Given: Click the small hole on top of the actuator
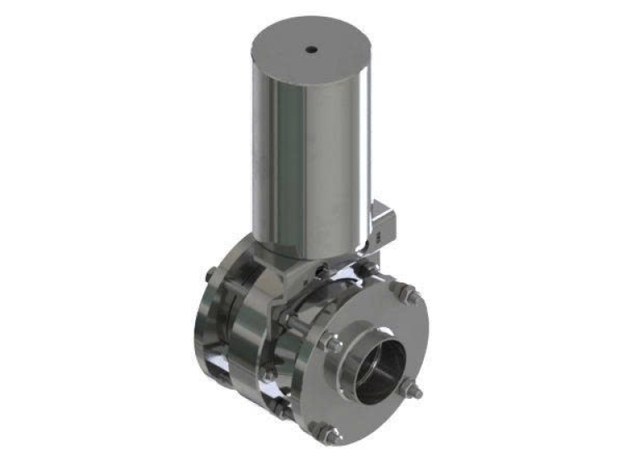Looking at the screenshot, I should click(311, 50).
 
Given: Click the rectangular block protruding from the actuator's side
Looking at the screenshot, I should click(384, 220).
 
